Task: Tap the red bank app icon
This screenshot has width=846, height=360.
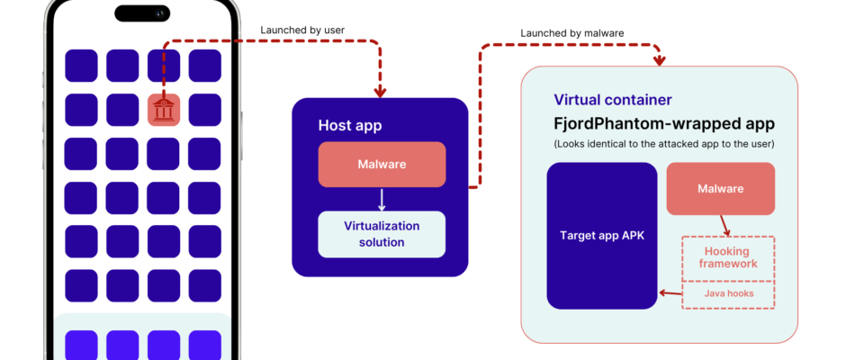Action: click(x=163, y=109)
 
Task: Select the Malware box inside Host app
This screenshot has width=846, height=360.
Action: click(x=382, y=165)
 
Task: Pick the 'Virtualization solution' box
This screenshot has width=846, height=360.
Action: click(x=382, y=233)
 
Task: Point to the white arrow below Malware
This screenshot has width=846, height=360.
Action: click(x=382, y=200)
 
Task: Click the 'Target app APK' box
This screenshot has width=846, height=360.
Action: click(x=602, y=236)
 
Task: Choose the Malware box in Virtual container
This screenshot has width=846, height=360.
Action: click(x=720, y=188)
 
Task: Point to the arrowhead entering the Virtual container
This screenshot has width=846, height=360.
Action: click(x=660, y=60)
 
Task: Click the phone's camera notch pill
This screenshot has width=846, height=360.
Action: click(x=142, y=13)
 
